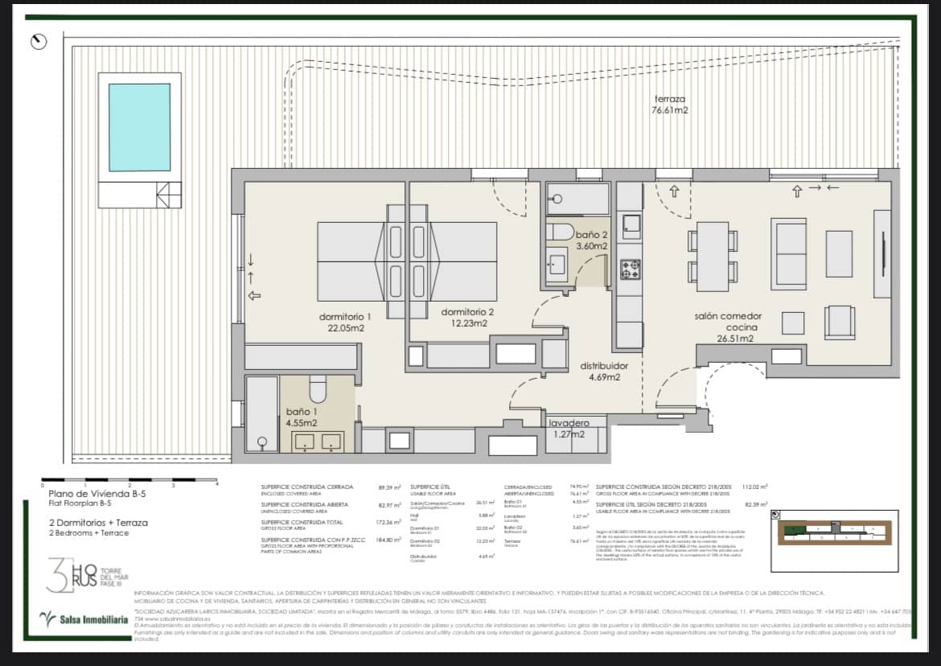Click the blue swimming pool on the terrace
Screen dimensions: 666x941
point(139,127)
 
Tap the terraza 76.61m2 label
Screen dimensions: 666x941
point(669,105)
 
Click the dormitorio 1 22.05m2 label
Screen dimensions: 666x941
point(344,322)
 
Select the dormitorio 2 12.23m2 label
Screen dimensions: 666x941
point(467,317)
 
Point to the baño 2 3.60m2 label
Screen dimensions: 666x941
point(590,240)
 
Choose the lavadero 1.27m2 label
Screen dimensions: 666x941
point(569,429)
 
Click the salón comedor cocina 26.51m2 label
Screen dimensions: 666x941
point(728,327)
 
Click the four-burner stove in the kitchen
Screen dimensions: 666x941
point(630,270)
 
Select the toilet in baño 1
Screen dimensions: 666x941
point(318,389)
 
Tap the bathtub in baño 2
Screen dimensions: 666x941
point(578,199)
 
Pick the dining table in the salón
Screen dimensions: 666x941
point(713,256)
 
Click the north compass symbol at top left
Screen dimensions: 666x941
point(38,41)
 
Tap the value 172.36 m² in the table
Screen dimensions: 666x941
point(388,522)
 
